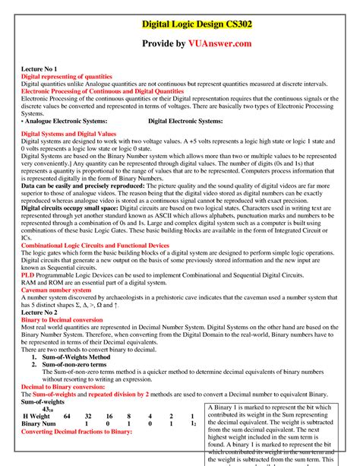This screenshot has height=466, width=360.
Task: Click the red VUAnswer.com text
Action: click(231, 44)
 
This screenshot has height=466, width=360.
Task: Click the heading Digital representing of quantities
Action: click(67, 77)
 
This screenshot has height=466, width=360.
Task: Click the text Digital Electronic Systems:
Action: click(185, 120)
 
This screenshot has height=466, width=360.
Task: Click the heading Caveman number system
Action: click(57, 290)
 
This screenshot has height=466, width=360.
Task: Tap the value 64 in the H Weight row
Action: click(67, 417)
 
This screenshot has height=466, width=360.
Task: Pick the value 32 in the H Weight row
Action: click(88, 417)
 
